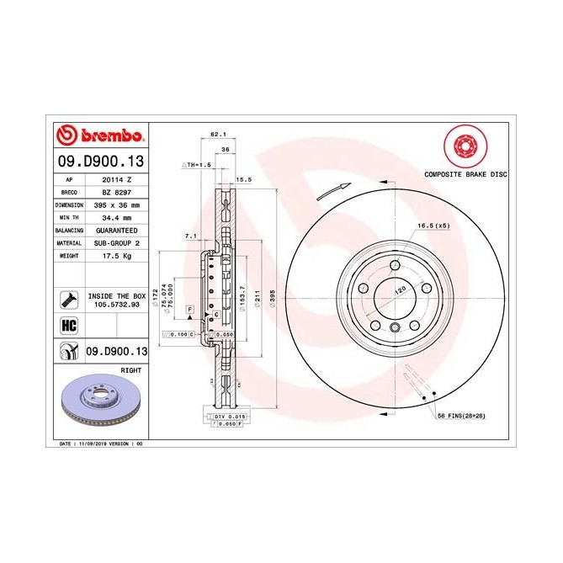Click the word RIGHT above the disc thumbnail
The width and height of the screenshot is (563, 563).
(131, 369)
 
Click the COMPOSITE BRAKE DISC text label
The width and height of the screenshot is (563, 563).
(465, 173)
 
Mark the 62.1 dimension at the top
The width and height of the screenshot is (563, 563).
(217, 134)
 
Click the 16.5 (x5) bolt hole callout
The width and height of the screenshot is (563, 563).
(433, 226)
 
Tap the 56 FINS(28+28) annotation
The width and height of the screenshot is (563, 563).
(460, 417)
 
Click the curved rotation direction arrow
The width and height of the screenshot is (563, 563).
(332, 191)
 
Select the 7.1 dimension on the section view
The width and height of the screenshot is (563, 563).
(190, 237)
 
